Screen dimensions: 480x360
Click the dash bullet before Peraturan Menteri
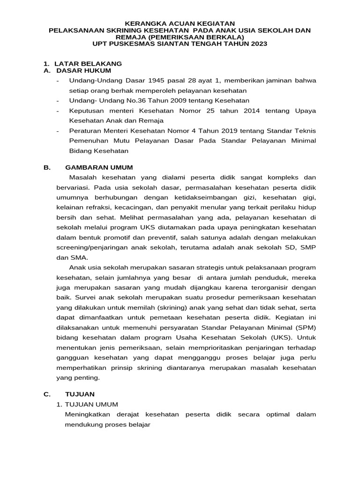click(x=57, y=131)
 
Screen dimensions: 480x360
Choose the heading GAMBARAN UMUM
click(x=99, y=167)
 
